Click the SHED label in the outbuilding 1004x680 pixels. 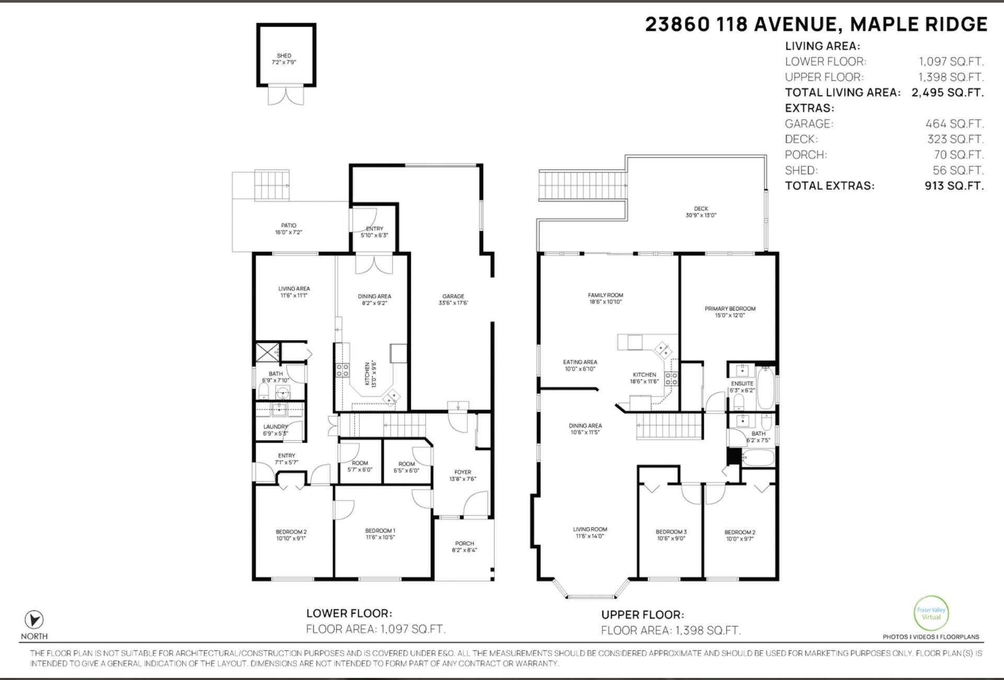[284, 55]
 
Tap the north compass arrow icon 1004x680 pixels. [35, 620]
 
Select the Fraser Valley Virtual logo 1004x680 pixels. [931, 613]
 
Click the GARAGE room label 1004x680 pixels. [453, 296]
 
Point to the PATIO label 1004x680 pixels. [289, 225]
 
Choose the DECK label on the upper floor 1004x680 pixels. [701, 209]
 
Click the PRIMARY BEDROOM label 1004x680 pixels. [730, 308]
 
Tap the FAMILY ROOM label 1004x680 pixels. [606, 295]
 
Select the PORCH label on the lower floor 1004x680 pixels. [464, 543]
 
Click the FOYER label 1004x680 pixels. [463, 472]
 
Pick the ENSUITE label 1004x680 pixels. [742, 383]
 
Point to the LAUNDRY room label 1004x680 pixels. [276, 427]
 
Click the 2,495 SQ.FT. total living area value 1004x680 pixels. [948, 93]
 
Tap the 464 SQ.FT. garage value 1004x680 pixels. [954, 124]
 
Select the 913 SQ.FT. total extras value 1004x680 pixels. [954, 186]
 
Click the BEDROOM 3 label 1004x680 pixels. [671, 532]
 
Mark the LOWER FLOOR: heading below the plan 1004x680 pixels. [349, 613]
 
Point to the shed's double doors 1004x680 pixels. [286, 95]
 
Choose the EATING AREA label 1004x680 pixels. [580, 362]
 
